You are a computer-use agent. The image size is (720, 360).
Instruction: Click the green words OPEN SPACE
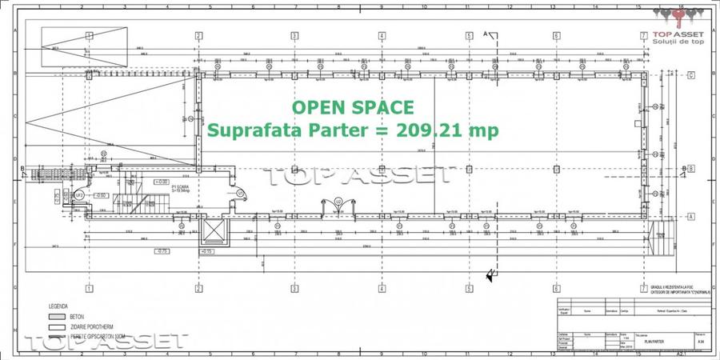tap(353, 107)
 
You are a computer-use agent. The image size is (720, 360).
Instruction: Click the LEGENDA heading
tap(58, 306)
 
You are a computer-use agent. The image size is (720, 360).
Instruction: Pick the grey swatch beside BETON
tap(55, 317)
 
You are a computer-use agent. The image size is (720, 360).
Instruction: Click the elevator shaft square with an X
tap(214, 232)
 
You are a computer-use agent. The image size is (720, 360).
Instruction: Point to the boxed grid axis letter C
tap(690, 75)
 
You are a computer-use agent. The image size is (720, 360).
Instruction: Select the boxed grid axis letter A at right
tap(690, 216)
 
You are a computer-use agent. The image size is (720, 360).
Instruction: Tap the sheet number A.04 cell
tap(702, 340)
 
